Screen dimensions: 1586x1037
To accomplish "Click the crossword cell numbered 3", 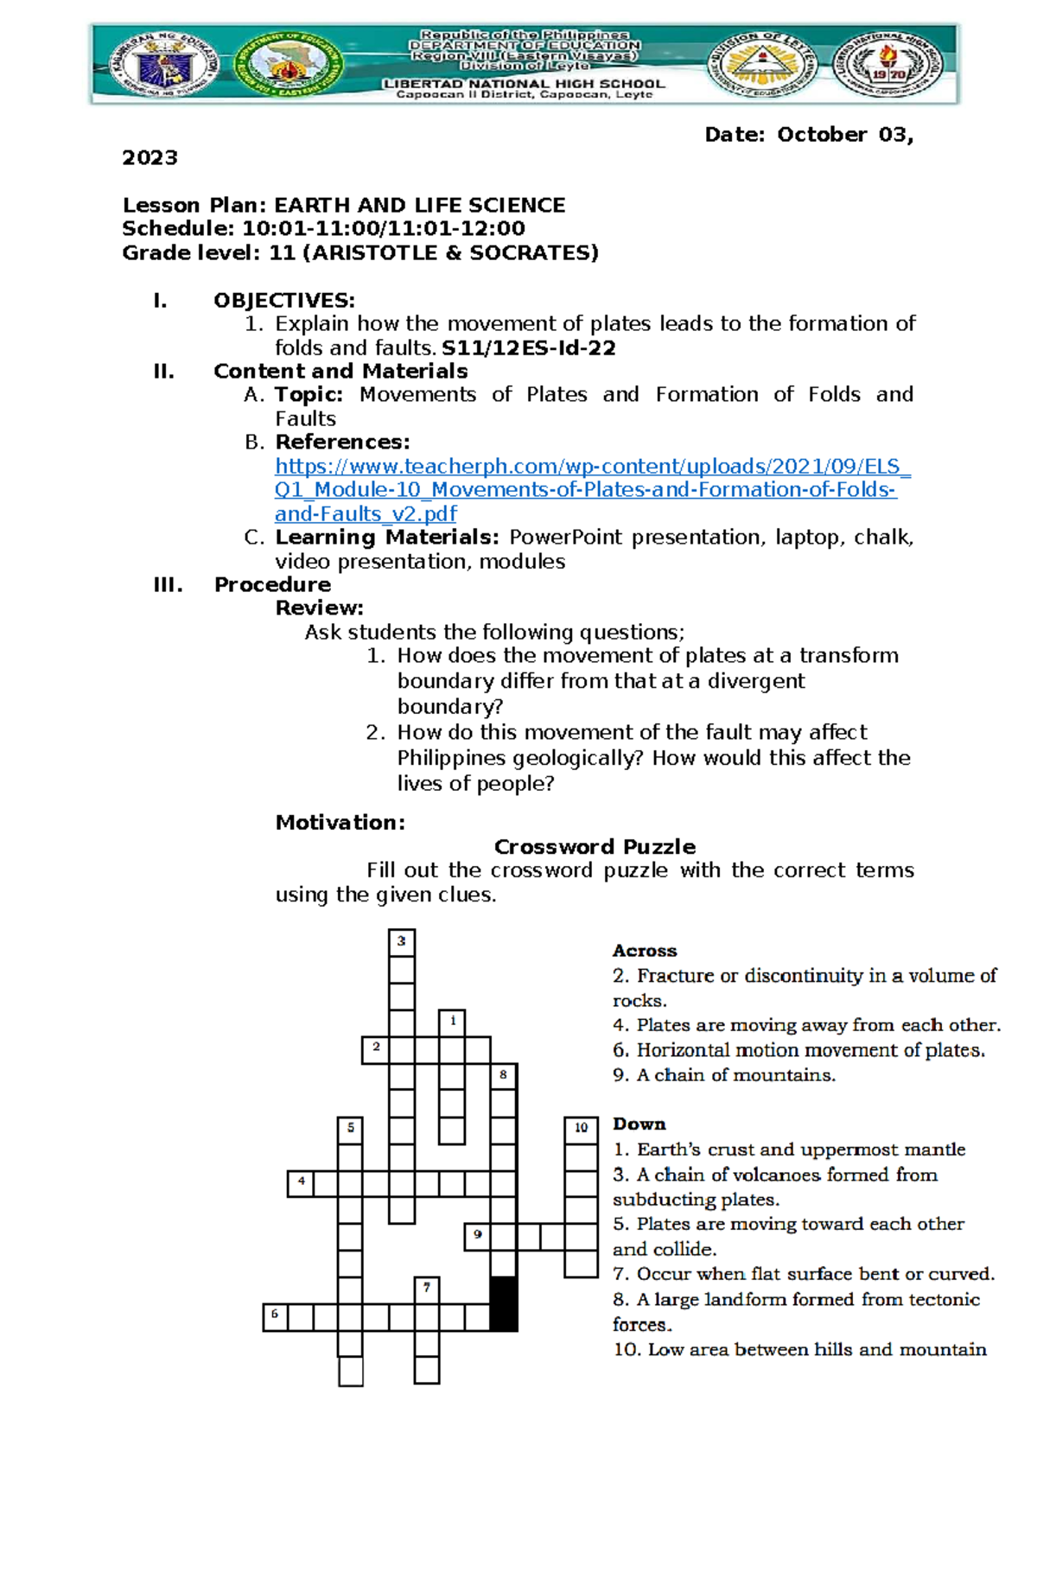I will tap(401, 942).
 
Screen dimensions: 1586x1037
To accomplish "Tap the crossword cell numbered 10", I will tap(582, 1129).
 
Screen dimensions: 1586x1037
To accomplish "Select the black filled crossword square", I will tap(504, 1303).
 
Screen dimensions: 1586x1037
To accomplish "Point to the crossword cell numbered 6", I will tap(276, 1317).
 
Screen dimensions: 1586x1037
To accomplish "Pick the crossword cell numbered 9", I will tap(478, 1236).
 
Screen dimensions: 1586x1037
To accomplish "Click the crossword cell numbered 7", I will tap(427, 1290).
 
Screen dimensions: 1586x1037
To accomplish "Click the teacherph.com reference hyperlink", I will tap(592, 490).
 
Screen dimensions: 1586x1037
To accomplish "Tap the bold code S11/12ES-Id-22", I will tap(528, 348).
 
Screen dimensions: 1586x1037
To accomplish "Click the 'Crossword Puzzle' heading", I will tap(595, 847).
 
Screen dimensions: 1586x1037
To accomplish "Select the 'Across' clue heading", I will tap(645, 951).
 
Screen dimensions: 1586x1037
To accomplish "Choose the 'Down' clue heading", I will tap(639, 1124).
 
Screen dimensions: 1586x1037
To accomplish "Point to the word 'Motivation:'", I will tap(340, 823).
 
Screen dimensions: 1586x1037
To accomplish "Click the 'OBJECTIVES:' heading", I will tap(284, 301).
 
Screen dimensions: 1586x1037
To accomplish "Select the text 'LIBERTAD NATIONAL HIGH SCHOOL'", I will tap(524, 84).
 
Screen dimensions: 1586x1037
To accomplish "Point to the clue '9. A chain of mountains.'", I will tap(724, 1075).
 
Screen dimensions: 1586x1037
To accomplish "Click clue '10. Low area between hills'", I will tap(799, 1350).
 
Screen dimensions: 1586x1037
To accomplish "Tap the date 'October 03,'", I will tap(844, 135).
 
